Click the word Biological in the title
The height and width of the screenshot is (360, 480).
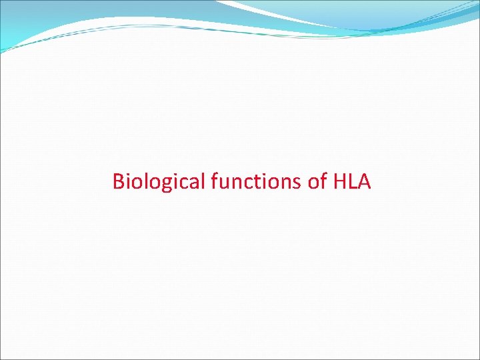(x=159, y=181)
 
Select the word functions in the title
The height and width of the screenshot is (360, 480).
(x=257, y=181)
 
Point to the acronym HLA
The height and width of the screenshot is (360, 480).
(x=351, y=181)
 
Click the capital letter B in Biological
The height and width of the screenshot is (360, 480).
(x=118, y=181)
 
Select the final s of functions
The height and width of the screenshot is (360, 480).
(x=299, y=183)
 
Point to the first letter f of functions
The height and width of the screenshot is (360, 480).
(x=214, y=181)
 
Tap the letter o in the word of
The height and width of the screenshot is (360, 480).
(x=313, y=183)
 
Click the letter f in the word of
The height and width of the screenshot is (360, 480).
(x=323, y=181)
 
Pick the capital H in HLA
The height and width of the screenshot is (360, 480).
(x=337, y=181)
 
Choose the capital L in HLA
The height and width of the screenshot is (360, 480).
(x=351, y=181)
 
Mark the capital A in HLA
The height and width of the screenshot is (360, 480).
(x=363, y=181)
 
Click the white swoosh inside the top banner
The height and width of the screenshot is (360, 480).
(x=280, y=15)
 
